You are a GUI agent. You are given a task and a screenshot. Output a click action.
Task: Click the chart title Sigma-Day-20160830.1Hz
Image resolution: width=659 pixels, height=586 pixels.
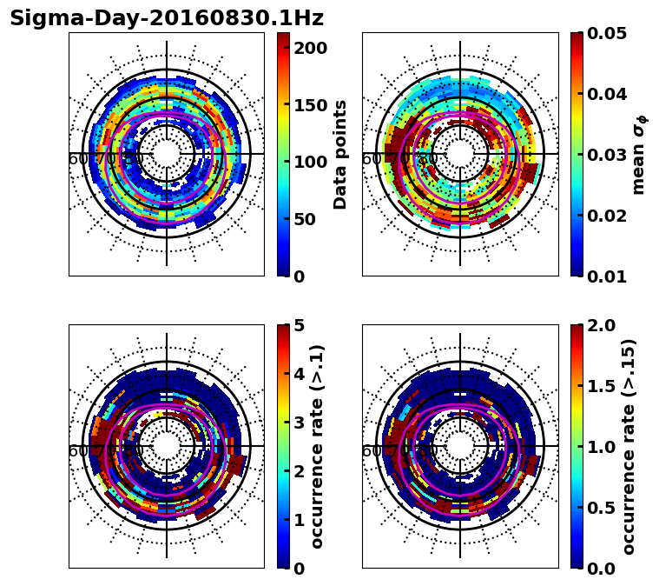(x=167, y=18)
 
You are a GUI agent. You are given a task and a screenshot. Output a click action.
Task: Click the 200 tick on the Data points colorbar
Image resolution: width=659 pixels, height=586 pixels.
(x=310, y=48)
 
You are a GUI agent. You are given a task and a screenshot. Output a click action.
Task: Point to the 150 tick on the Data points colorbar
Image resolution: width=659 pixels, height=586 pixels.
(x=310, y=105)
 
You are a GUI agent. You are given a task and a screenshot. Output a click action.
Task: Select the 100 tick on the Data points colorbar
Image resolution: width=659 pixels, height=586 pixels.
(x=310, y=162)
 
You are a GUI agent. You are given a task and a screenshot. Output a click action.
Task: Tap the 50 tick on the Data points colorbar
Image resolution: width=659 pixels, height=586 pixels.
(x=305, y=219)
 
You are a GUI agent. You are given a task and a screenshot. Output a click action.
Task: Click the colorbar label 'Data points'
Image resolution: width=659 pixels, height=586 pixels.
(x=340, y=154)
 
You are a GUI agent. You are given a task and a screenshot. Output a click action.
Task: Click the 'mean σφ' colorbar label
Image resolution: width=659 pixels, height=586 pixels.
(x=638, y=154)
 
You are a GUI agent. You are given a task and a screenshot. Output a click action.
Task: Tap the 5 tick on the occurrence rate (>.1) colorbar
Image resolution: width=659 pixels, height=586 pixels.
(x=300, y=325)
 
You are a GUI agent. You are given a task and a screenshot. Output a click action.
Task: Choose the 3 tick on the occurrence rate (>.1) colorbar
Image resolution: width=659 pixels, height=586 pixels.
(x=300, y=423)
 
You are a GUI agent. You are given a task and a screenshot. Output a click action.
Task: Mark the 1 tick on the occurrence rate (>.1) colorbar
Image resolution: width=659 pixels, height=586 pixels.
(x=300, y=520)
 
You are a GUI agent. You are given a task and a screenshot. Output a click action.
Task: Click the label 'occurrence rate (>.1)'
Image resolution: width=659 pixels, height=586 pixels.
(x=318, y=446)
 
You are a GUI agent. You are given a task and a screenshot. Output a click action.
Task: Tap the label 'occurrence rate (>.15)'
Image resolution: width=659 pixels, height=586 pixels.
(x=629, y=446)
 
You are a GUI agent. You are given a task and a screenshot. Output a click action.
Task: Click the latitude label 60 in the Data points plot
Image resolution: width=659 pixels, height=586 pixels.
(x=77, y=159)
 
